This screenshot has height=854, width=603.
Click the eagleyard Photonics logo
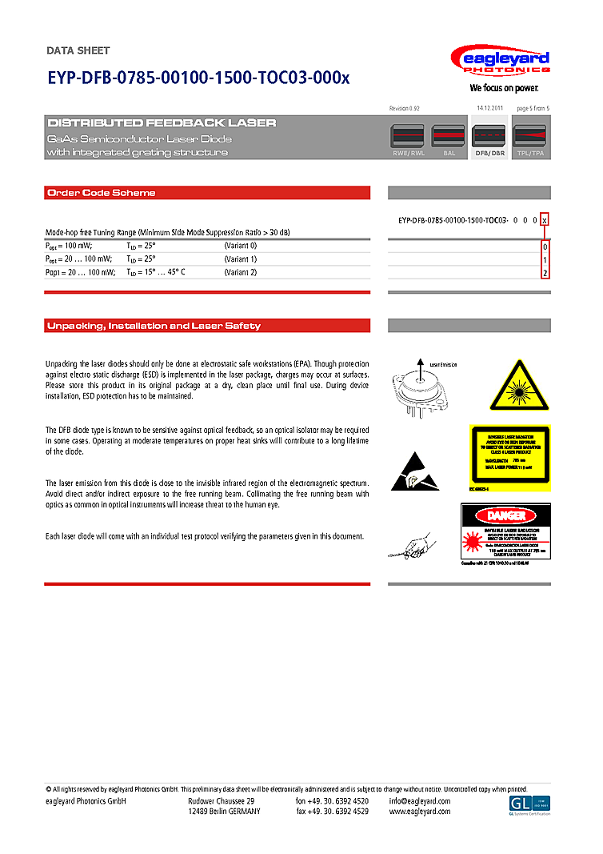(x=500, y=64)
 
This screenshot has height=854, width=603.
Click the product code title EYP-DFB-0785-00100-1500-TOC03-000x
(x=198, y=78)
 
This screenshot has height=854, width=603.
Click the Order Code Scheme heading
(x=102, y=193)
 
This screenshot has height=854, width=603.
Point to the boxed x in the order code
(x=545, y=219)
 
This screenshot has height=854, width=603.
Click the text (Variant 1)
(x=241, y=259)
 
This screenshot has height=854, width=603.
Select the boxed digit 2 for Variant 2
(x=545, y=273)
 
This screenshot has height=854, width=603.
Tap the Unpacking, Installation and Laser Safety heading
(x=154, y=326)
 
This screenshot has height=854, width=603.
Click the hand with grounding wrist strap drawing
(x=409, y=545)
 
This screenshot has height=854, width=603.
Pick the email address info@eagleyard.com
(x=419, y=801)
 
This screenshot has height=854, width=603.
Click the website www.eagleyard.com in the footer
(x=419, y=812)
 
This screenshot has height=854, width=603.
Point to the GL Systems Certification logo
(x=529, y=806)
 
